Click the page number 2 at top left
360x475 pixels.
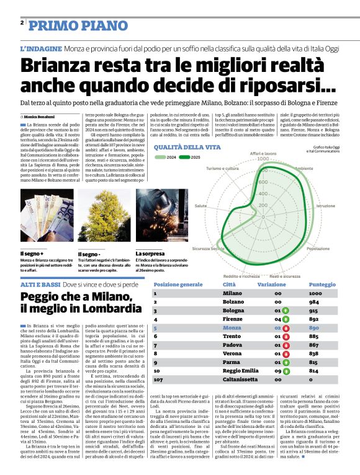tap(22, 23)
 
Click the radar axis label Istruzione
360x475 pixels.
tap(326, 205)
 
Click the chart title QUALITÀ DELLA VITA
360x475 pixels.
tap(187, 147)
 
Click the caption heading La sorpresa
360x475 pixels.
tap(150, 254)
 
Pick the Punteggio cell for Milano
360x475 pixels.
tap(315, 293)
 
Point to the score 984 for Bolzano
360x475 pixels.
tap(315, 301)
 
